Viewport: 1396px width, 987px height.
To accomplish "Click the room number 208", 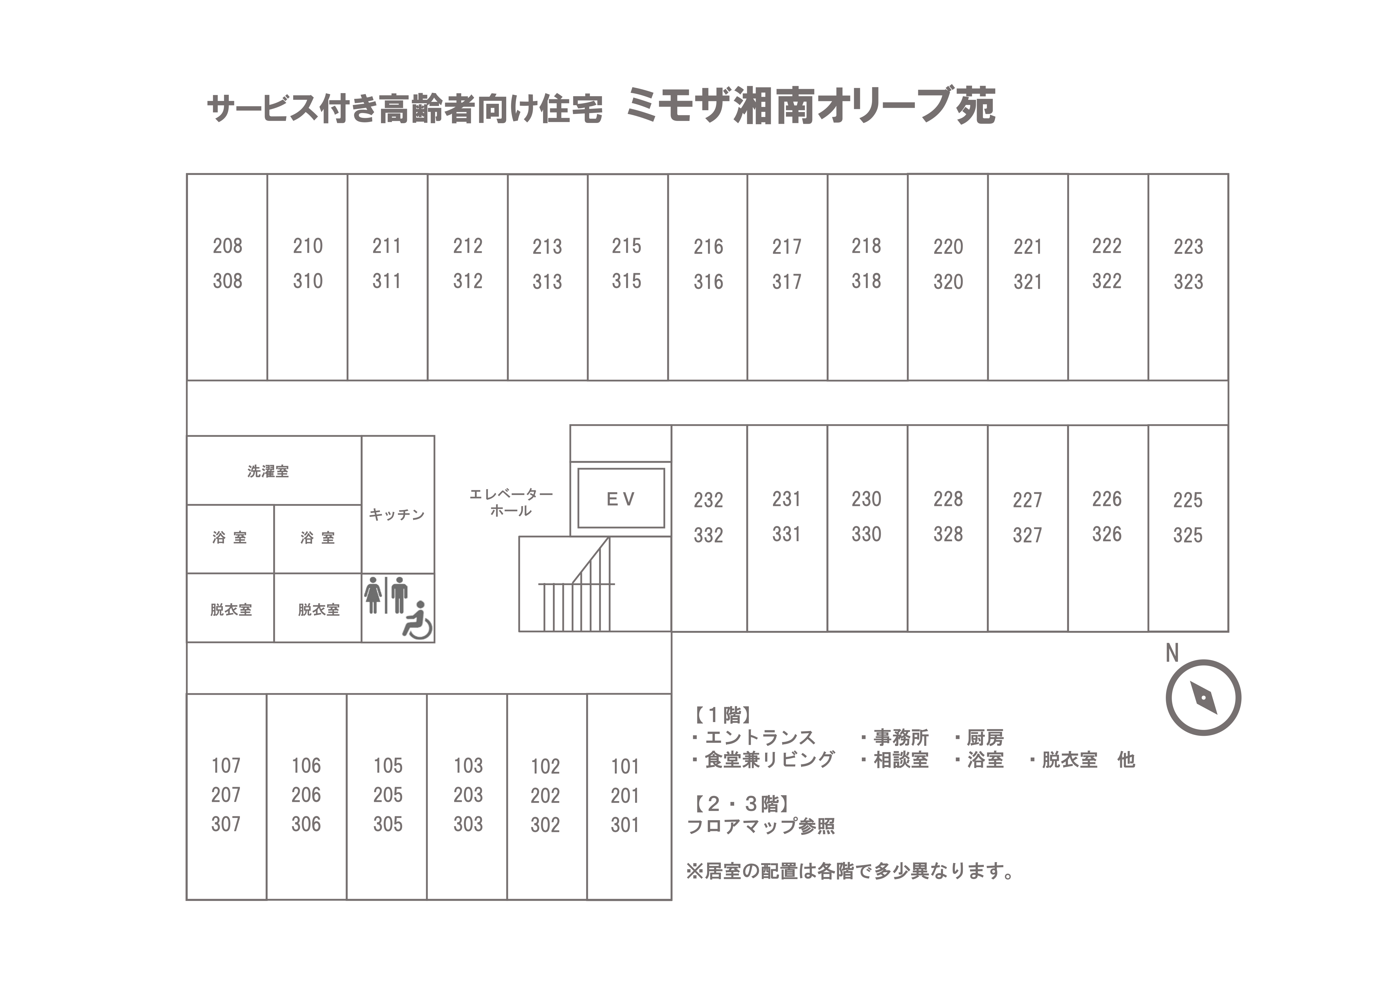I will click(227, 246).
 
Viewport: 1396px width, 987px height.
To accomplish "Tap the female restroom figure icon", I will click(373, 596).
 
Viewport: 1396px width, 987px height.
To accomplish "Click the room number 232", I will click(708, 500).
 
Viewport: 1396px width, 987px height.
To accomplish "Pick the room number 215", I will click(626, 246).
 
